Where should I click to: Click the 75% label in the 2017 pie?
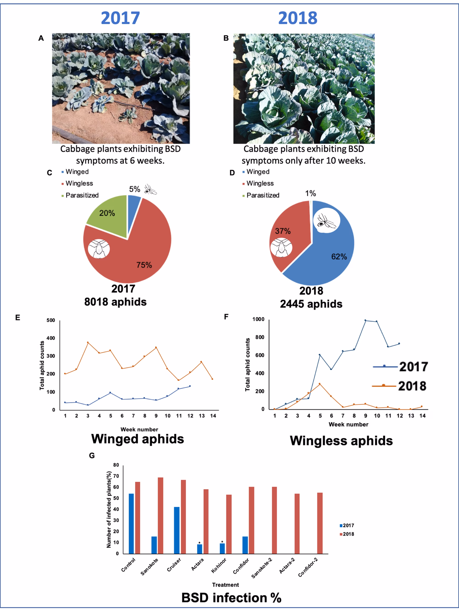click(x=144, y=265)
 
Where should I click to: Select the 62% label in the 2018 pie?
click(x=339, y=257)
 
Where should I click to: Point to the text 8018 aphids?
click(x=115, y=302)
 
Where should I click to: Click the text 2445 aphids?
click(x=311, y=304)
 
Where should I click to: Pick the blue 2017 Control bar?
click(x=131, y=523)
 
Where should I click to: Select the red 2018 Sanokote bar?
click(x=160, y=515)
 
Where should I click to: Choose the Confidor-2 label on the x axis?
click(x=308, y=567)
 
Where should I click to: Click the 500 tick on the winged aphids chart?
click(x=51, y=320)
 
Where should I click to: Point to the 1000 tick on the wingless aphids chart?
click(x=258, y=319)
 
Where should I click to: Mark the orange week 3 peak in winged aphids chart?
click(x=88, y=343)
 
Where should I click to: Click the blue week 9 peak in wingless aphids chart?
click(x=365, y=320)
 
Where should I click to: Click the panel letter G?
click(x=92, y=456)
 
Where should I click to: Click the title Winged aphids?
click(x=137, y=439)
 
